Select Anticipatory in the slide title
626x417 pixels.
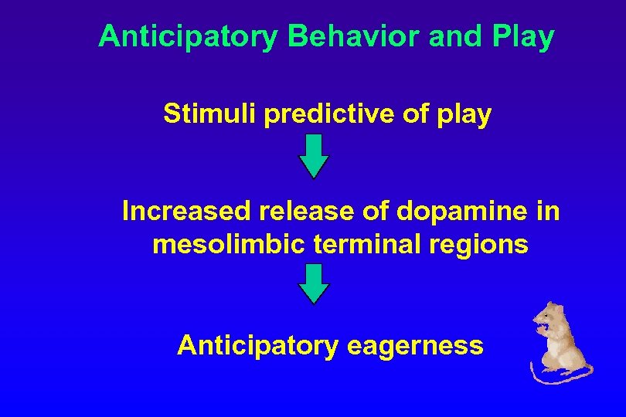pos(186,36)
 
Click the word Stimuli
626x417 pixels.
pos(209,114)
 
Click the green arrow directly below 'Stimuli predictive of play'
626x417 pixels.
pos(314,156)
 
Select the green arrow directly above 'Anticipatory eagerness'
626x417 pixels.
pos(314,283)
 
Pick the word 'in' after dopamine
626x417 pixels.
pos(548,211)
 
